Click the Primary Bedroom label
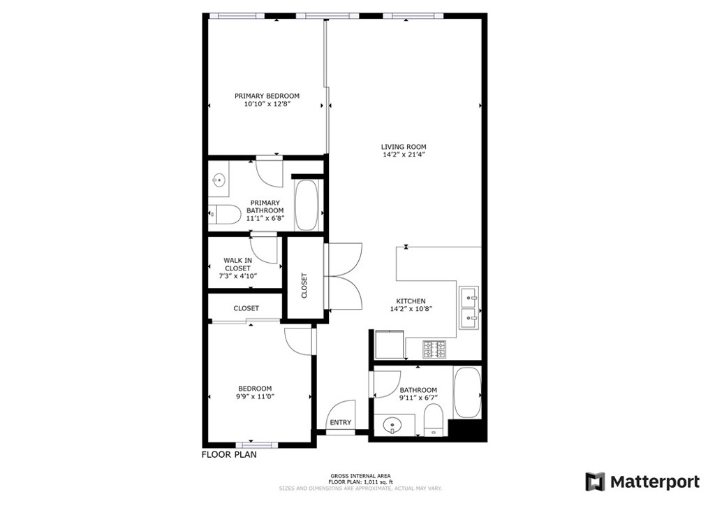tap(267, 96)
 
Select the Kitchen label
tap(411, 301)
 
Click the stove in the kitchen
tap(434, 349)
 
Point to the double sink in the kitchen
tap(469, 307)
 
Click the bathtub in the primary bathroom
tap(307, 205)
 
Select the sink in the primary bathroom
tap(219, 182)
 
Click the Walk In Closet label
tap(237, 264)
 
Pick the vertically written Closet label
tap(304, 285)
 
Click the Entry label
tap(341, 422)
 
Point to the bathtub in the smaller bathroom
tap(466, 393)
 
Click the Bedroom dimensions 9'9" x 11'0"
tap(255, 397)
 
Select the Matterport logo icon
tap(594, 482)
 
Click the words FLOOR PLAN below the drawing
tap(229, 454)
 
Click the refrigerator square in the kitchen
tap(388, 344)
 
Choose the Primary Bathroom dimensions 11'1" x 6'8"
tap(265, 218)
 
